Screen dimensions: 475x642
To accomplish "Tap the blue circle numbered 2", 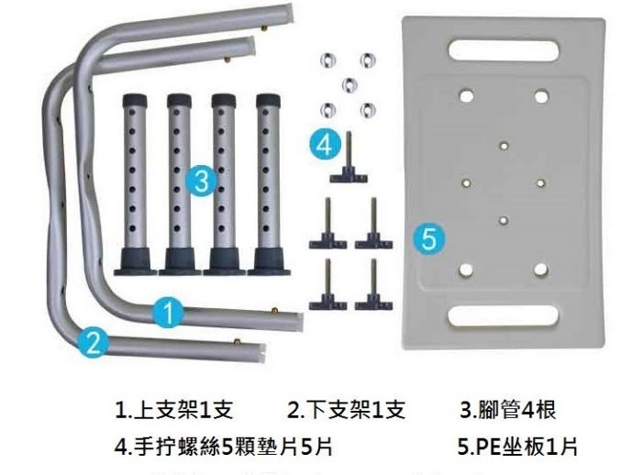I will point(93,342).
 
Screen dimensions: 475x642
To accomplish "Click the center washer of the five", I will point(347,84).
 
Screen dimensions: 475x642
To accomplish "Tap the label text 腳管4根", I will point(508,409).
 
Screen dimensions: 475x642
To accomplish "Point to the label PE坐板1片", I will point(517,447).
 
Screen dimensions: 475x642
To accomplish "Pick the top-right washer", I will point(368,60).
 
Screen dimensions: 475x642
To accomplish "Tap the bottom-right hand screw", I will point(373,286).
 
